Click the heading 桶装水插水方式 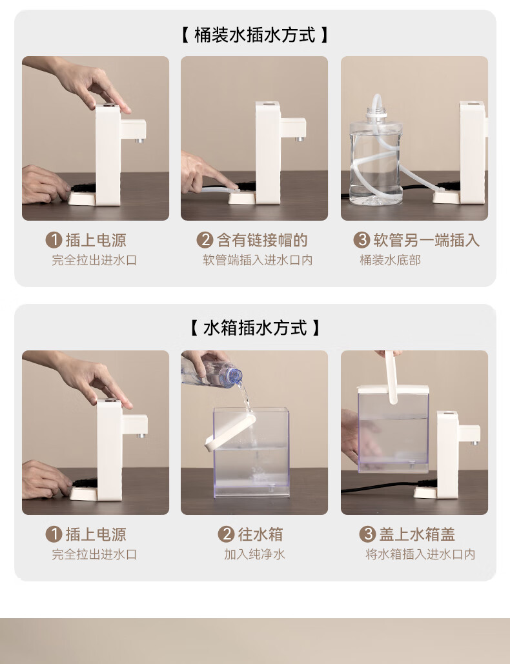point(254,35)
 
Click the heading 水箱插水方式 point(254,328)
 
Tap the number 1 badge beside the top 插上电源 point(54,240)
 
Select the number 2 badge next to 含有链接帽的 point(205,240)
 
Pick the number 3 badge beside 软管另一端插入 point(362,240)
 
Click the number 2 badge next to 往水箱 point(226,534)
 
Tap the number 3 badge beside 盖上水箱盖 point(367,534)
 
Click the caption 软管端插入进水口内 point(258,260)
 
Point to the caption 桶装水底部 point(390,260)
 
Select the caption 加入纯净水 point(254,554)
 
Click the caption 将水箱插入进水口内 point(420,554)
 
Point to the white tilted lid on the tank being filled point(230,432)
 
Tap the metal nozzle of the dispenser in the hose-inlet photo point(300,139)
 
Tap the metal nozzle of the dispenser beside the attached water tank point(474,443)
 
